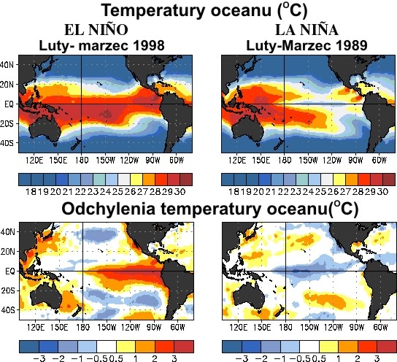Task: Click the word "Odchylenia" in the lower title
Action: (x=119, y=209)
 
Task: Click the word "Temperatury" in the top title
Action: (x=153, y=11)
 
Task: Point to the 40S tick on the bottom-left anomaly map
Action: (x=9, y=310)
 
